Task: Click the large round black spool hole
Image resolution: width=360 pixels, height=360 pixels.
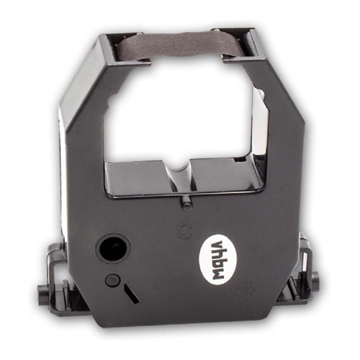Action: click(x=113, y=250)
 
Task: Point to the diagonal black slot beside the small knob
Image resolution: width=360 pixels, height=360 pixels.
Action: click(x=131, y=293)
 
